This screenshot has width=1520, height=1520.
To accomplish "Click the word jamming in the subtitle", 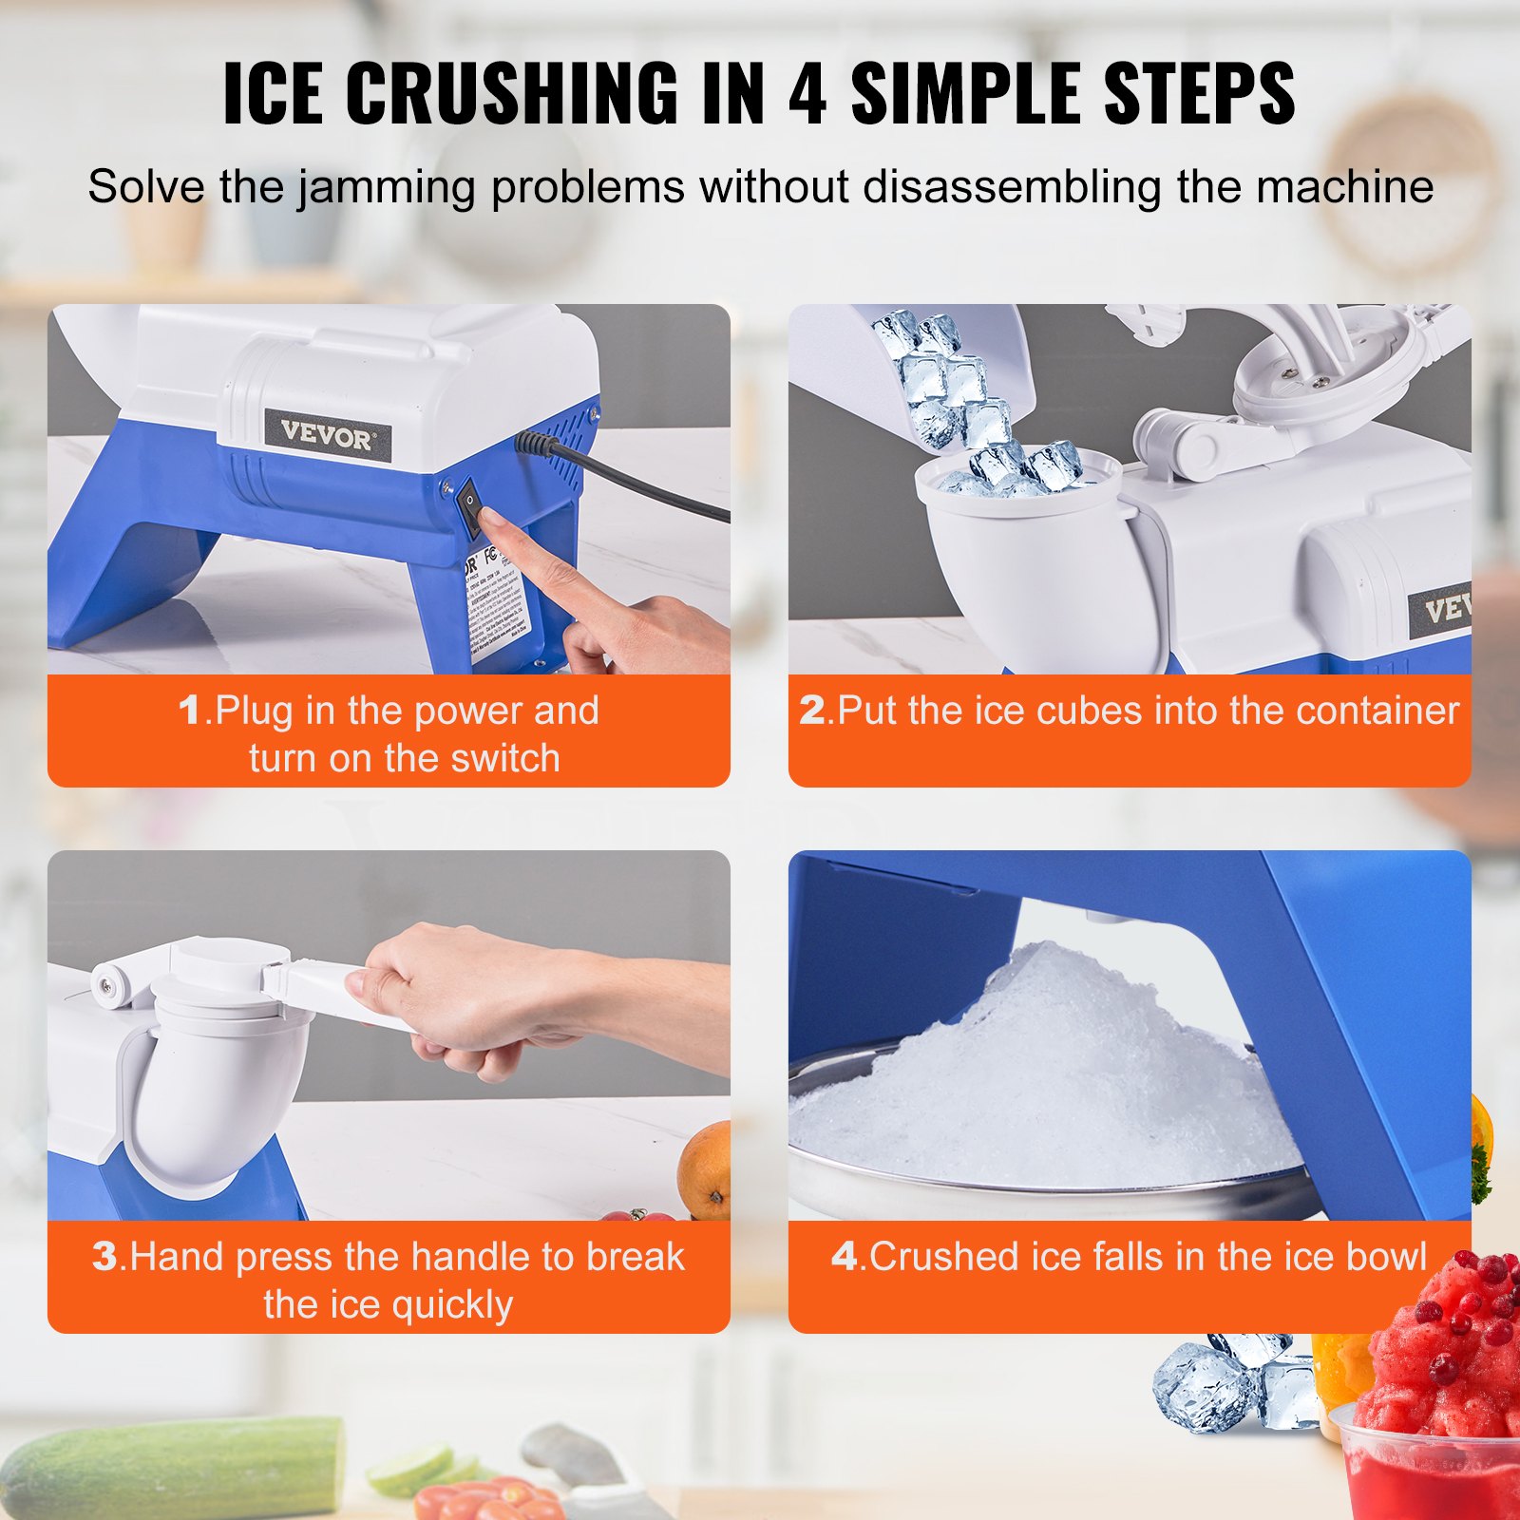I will tap(386, 186).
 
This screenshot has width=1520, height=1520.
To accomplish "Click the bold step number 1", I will tap(190, 711).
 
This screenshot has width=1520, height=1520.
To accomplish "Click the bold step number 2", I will tap(812, 711).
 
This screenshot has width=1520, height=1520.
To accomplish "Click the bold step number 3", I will tap(104, 1257).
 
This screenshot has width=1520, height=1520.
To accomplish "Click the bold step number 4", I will tap(844, 1257).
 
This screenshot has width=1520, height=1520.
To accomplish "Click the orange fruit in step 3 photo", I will tap(706, 1170).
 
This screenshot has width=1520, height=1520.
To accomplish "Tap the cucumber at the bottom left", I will tap(171, 1468).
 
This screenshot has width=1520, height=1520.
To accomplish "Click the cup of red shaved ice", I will tap(1434, 1425).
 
